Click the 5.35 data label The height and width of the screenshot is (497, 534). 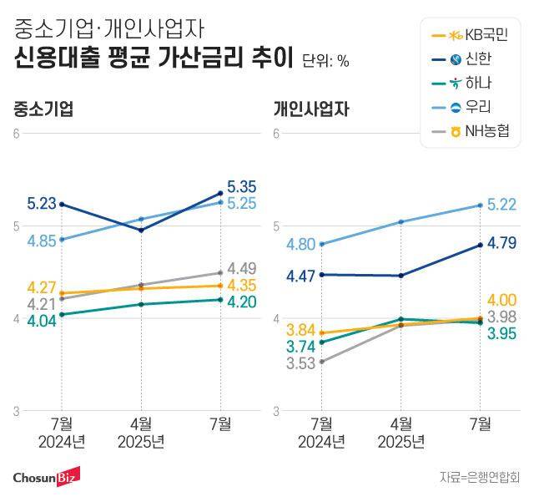[240, 186]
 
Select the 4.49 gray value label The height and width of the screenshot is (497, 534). [241, 268]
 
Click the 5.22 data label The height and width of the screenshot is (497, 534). [503, 204]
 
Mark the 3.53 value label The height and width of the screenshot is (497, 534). [303, 363]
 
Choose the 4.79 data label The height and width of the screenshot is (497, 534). [503, 244]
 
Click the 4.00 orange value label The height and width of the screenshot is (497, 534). [503, 300]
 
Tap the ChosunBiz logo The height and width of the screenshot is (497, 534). [47, 476]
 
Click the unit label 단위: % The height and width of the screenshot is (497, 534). [325, 60]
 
